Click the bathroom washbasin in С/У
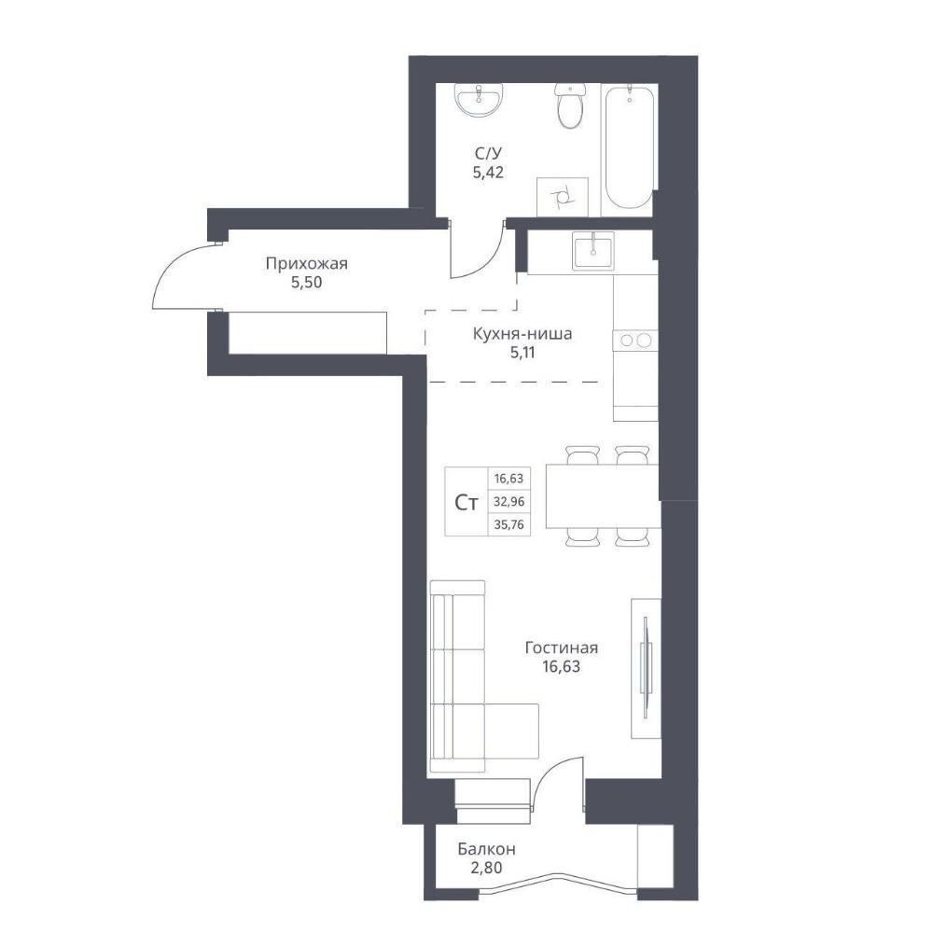pos(480,100)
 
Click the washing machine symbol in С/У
pos(562,197)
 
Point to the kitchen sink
pos(593,250)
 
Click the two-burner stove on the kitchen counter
pos(634,341)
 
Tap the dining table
pos(602,496)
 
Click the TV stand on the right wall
pos(646,668)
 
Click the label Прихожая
pos(306,263)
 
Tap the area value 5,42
pos(488,174)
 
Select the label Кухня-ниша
pos(522,333)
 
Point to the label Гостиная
pos(561,648)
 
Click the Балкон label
pos(487,848)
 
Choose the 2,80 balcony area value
pos(486,868)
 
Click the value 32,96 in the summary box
pos(508,502)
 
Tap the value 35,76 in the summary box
pos(508,524)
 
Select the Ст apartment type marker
pos(466,504)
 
